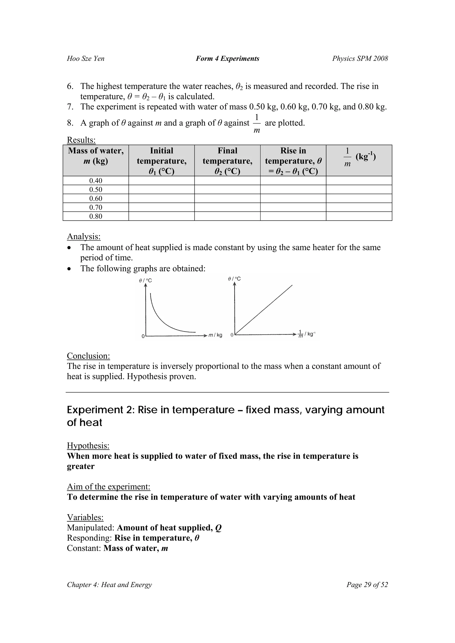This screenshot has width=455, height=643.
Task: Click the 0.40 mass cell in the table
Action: pos(96,181)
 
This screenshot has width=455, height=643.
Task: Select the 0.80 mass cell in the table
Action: pos(96,216)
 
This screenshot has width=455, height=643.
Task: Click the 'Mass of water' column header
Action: pos(96,156)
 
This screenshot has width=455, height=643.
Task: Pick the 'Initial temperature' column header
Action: pos(162,161)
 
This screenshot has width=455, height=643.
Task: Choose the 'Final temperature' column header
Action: pos(227,161)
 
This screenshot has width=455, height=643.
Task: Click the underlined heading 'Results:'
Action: pos(81,140)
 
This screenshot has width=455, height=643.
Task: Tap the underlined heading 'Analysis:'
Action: pos(84,236)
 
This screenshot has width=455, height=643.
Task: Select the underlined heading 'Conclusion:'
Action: pos(88,356)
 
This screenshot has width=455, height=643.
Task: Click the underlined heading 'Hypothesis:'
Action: pos(88,445)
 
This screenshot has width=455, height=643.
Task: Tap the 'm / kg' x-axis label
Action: pos(215,335)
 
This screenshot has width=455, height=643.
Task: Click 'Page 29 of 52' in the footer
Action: pos(367,585)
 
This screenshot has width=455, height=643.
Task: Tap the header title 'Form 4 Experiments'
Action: pos(227,59)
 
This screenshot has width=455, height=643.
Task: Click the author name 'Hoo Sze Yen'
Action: pos(86,59)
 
